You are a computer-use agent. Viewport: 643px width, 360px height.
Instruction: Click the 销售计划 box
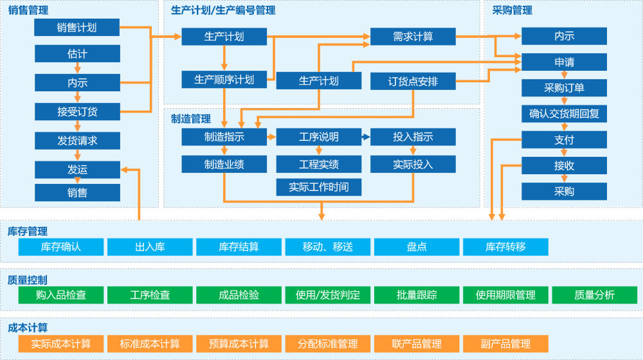77,28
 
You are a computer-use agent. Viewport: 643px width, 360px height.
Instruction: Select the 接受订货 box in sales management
77,112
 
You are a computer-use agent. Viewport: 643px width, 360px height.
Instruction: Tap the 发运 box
77,170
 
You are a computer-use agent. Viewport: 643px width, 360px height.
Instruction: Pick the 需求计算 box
413,37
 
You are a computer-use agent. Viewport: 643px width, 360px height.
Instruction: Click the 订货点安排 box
413,82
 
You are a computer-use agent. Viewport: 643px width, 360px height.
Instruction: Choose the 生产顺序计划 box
224,80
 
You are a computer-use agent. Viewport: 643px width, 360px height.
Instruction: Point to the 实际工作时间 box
318,187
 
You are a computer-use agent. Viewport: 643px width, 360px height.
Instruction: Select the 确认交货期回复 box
564,114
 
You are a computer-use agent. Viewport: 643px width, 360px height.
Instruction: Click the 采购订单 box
564,88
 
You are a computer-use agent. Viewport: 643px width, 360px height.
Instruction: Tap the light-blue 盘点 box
417,247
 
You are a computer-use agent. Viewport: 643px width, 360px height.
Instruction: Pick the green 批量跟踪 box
417,295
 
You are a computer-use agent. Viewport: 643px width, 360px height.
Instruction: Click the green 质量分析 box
594,295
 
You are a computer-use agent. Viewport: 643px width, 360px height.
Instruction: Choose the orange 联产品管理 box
417,344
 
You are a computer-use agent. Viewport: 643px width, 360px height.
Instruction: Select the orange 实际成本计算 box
61,344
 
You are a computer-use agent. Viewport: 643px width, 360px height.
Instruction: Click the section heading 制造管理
191,119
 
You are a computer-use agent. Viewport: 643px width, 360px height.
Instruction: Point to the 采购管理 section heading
512,10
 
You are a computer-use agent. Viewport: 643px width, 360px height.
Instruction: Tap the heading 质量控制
28,280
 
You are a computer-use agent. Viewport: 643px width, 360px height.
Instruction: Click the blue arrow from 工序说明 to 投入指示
366,137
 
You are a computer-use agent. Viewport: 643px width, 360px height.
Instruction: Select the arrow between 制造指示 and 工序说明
271,137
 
